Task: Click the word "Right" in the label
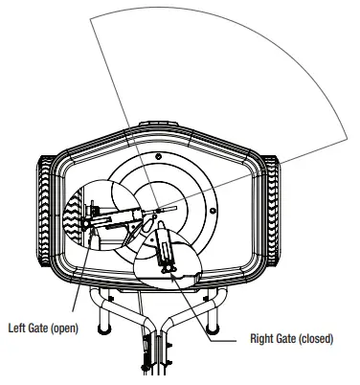[x=262, y=338]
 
